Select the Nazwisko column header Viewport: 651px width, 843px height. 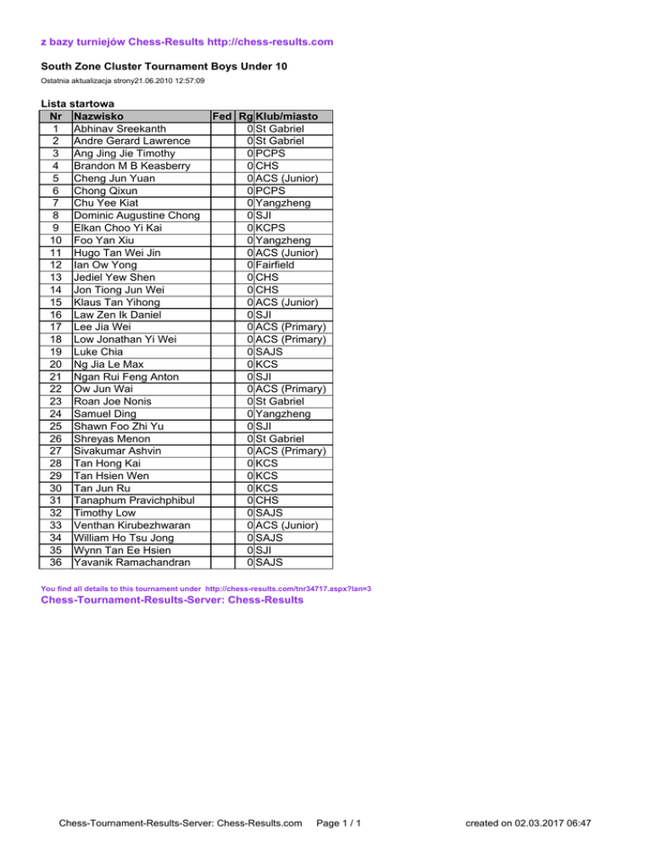point(100,116)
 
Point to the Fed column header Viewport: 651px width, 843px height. point(222,116)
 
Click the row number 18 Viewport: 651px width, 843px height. point(55,338)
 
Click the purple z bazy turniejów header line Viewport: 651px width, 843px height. point(186,42)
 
